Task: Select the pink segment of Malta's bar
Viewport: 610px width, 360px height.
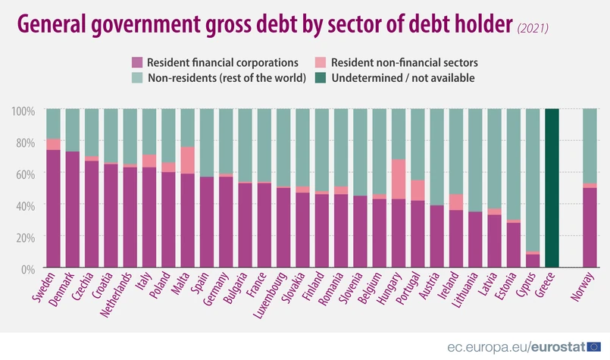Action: point(188,160)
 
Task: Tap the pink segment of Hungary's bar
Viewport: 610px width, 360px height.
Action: point(399,179)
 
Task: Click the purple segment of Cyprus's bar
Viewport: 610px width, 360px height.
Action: point(533,261)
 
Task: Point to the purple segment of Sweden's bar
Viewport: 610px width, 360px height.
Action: point(53,208)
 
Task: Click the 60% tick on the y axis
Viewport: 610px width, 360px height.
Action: point(23,174)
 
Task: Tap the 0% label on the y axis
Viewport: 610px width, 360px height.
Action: point(27,268)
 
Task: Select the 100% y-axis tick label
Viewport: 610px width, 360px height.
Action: point(23,111)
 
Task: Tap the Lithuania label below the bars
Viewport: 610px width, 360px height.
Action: point(465,292)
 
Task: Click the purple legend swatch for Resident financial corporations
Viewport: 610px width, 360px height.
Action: point(137,62)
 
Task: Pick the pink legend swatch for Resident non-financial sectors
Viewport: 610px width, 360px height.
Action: point(322,62)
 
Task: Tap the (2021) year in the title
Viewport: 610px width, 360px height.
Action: point(533,28)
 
